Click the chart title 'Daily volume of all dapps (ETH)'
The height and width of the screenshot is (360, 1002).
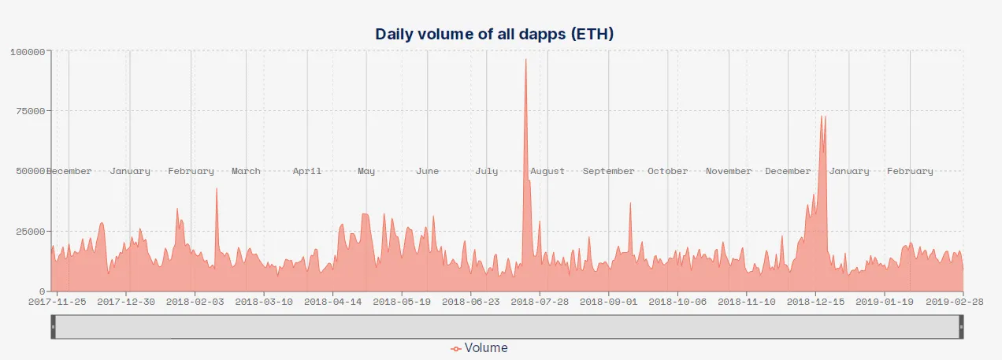pyautogui.click(x=494, y=34)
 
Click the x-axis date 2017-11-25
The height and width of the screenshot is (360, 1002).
pyautogui.click(x=57, y=300)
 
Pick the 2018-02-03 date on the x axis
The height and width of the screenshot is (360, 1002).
pyautogui.click(x=195, y=300)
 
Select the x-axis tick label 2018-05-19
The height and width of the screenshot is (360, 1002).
pyautogui.click(x=402, y=300)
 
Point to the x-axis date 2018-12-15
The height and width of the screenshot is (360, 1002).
pyautogui.click(x=816, y=300)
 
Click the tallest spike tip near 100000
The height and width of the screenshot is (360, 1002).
pyautogui.click(x=525, y=59)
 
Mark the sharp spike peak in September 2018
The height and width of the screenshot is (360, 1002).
pyautogui.click(x=629, y=203)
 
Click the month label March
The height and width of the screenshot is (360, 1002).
pyautogui.click(x=246, y=171)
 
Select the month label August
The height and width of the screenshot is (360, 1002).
pyautogui.click(x=547, y=171)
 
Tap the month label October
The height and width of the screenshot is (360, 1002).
pyautogui.click(x=667, y=171)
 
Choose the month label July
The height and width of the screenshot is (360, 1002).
pyautogui.click(x=487, y=171)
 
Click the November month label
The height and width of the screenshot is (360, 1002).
pyautogui.click(x=729, y=171)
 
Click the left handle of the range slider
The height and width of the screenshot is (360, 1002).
pyautogui.click(x=54, y=326)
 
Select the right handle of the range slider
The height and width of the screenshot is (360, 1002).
pyautogui.click(x=960, y=326)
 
